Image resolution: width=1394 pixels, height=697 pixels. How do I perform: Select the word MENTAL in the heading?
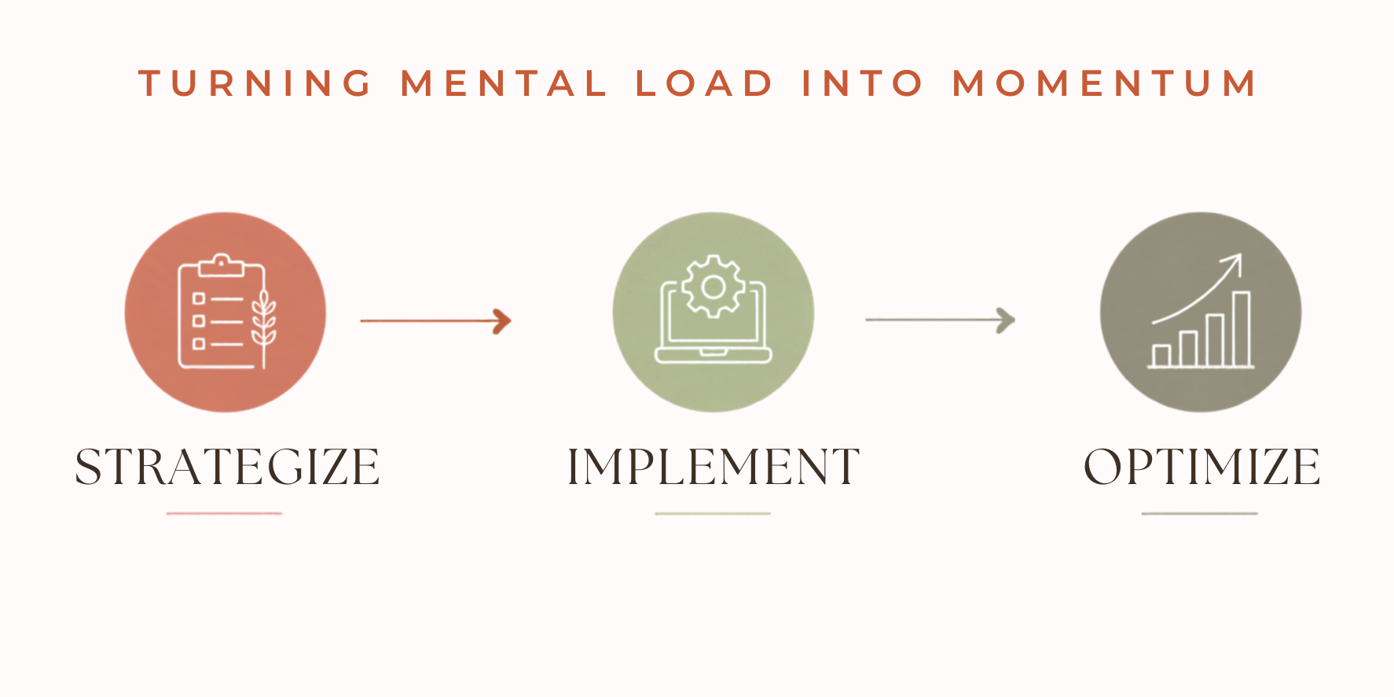(x=504, y=84)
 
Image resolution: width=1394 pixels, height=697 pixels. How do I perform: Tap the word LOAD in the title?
(x=705, y=84)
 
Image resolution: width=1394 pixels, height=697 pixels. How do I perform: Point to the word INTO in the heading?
(x=862, y=84)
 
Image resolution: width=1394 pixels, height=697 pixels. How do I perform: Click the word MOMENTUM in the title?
(x=1105, y=84)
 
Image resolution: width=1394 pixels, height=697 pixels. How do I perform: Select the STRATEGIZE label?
(x=227, y=467)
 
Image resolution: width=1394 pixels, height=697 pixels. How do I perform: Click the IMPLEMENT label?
(x=714, y=467)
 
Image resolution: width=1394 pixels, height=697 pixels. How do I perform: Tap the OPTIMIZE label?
(x=1201, y=467)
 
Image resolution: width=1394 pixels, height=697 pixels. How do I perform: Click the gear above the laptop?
(x=713, y=287)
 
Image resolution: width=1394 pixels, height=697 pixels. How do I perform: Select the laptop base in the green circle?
(x=714, y=355)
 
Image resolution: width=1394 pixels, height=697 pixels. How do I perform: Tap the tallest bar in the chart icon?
(x=1241, y=328)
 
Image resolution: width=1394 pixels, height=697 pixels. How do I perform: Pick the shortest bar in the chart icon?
(x=1161, y=355)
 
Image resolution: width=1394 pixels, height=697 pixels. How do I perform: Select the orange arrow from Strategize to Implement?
(x=436, y=321)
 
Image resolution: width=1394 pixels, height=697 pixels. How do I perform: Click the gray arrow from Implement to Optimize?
(x=941, y=320)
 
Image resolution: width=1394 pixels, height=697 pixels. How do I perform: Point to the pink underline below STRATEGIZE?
(x=224, y=513)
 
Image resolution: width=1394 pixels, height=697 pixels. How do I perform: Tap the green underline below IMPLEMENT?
(x=713, y=513)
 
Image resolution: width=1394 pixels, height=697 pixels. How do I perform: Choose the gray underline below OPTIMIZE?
(x=1200, y=513)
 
